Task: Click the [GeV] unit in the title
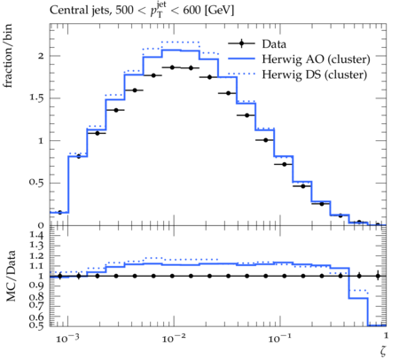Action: pos(219,11)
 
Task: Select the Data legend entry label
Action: pos(274,44)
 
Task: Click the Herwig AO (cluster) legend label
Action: pos(316,59)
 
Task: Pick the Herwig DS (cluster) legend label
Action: pos(315,74)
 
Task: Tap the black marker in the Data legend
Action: pos(241,43)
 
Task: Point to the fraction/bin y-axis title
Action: pos(7,56)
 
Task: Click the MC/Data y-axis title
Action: pos(11,276)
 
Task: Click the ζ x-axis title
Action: pos(383,350)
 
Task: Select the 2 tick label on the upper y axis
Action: pos(41,56)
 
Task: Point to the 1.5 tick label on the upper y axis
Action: pos(36,98)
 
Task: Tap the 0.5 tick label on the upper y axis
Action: pos(36,183)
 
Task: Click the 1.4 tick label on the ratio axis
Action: pos(36,235)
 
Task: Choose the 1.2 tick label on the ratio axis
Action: pos(36,255)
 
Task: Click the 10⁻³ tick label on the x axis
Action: pos(67,338)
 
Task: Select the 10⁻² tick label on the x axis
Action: pos(174,338)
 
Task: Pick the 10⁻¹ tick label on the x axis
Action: pos(279,338)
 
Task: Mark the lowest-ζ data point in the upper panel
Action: pos(59,212)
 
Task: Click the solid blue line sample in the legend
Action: pos(241,59)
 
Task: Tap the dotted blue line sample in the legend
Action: pos(241,74)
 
